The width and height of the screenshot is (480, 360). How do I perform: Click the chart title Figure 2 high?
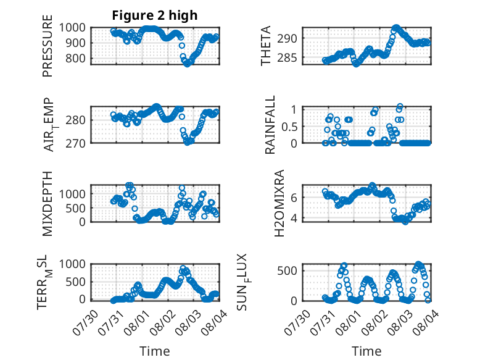155,15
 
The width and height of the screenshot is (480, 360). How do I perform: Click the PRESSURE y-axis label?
48,46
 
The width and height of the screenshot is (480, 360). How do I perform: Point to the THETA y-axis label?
266,46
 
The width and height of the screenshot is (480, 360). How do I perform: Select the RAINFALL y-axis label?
270,125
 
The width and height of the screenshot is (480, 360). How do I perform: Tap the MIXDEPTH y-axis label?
48,204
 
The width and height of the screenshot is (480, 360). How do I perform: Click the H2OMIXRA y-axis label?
279,203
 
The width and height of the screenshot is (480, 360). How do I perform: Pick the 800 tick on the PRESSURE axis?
75,58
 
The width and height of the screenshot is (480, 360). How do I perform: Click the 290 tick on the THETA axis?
287,39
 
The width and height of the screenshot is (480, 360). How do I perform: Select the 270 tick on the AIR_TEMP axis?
75,143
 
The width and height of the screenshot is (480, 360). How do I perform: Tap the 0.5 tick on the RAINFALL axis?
289,127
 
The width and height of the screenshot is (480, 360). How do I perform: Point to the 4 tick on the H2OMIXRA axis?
294,218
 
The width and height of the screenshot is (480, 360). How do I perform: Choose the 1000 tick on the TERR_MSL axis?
72,264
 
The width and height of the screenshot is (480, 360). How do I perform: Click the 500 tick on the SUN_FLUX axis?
287,271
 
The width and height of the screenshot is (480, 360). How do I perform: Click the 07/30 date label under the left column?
85,322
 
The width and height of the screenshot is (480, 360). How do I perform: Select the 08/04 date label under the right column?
426,322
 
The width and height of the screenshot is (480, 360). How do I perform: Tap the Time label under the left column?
155,351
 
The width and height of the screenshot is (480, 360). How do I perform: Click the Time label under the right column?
366,351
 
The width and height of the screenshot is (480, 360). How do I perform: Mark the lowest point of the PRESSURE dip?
187,64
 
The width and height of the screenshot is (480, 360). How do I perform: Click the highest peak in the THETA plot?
397,28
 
